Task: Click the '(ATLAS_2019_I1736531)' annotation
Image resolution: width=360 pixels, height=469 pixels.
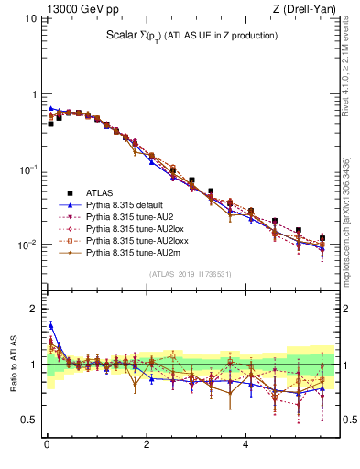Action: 191,275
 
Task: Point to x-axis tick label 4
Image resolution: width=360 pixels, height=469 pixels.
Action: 245,446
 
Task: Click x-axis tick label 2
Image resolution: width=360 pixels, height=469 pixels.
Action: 147,446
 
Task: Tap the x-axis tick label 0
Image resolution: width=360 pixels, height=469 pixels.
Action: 47,446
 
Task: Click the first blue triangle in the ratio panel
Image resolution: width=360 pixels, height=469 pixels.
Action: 51,324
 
